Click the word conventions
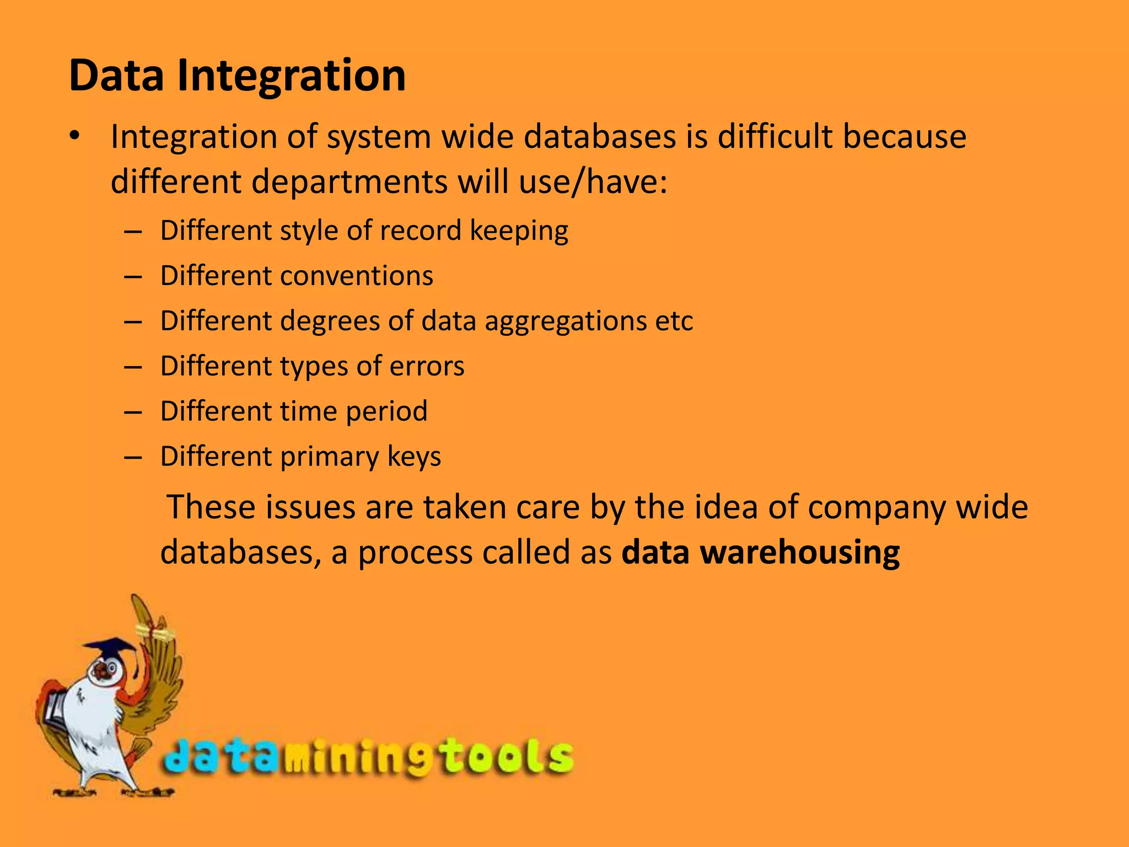(357, 276)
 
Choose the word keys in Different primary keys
(414, 457)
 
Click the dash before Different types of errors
(133, 367)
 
